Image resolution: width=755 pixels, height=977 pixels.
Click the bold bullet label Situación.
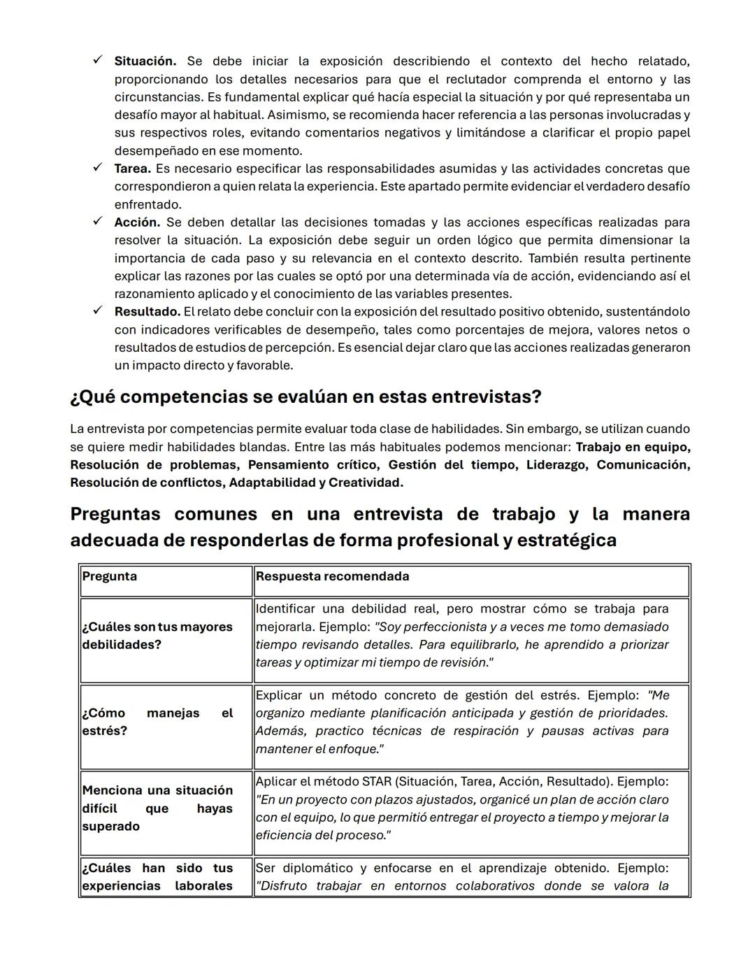[145, 62]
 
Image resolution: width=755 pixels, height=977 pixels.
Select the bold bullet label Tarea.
[132, 169]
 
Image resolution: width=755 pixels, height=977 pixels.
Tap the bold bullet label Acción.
[137, 222]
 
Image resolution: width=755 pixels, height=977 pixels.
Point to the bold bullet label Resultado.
[147, 312]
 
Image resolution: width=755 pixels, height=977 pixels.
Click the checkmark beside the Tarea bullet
[98, 168]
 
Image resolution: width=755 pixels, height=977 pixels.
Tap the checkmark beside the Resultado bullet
[98, 311]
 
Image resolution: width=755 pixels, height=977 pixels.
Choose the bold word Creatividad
[365, 483]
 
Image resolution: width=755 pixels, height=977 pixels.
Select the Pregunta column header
[109, 577]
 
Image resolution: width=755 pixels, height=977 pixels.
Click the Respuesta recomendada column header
[332, 577]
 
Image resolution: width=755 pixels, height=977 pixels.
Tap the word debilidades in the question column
[121, 645]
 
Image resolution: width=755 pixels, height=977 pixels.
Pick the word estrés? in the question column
[104, 732]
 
